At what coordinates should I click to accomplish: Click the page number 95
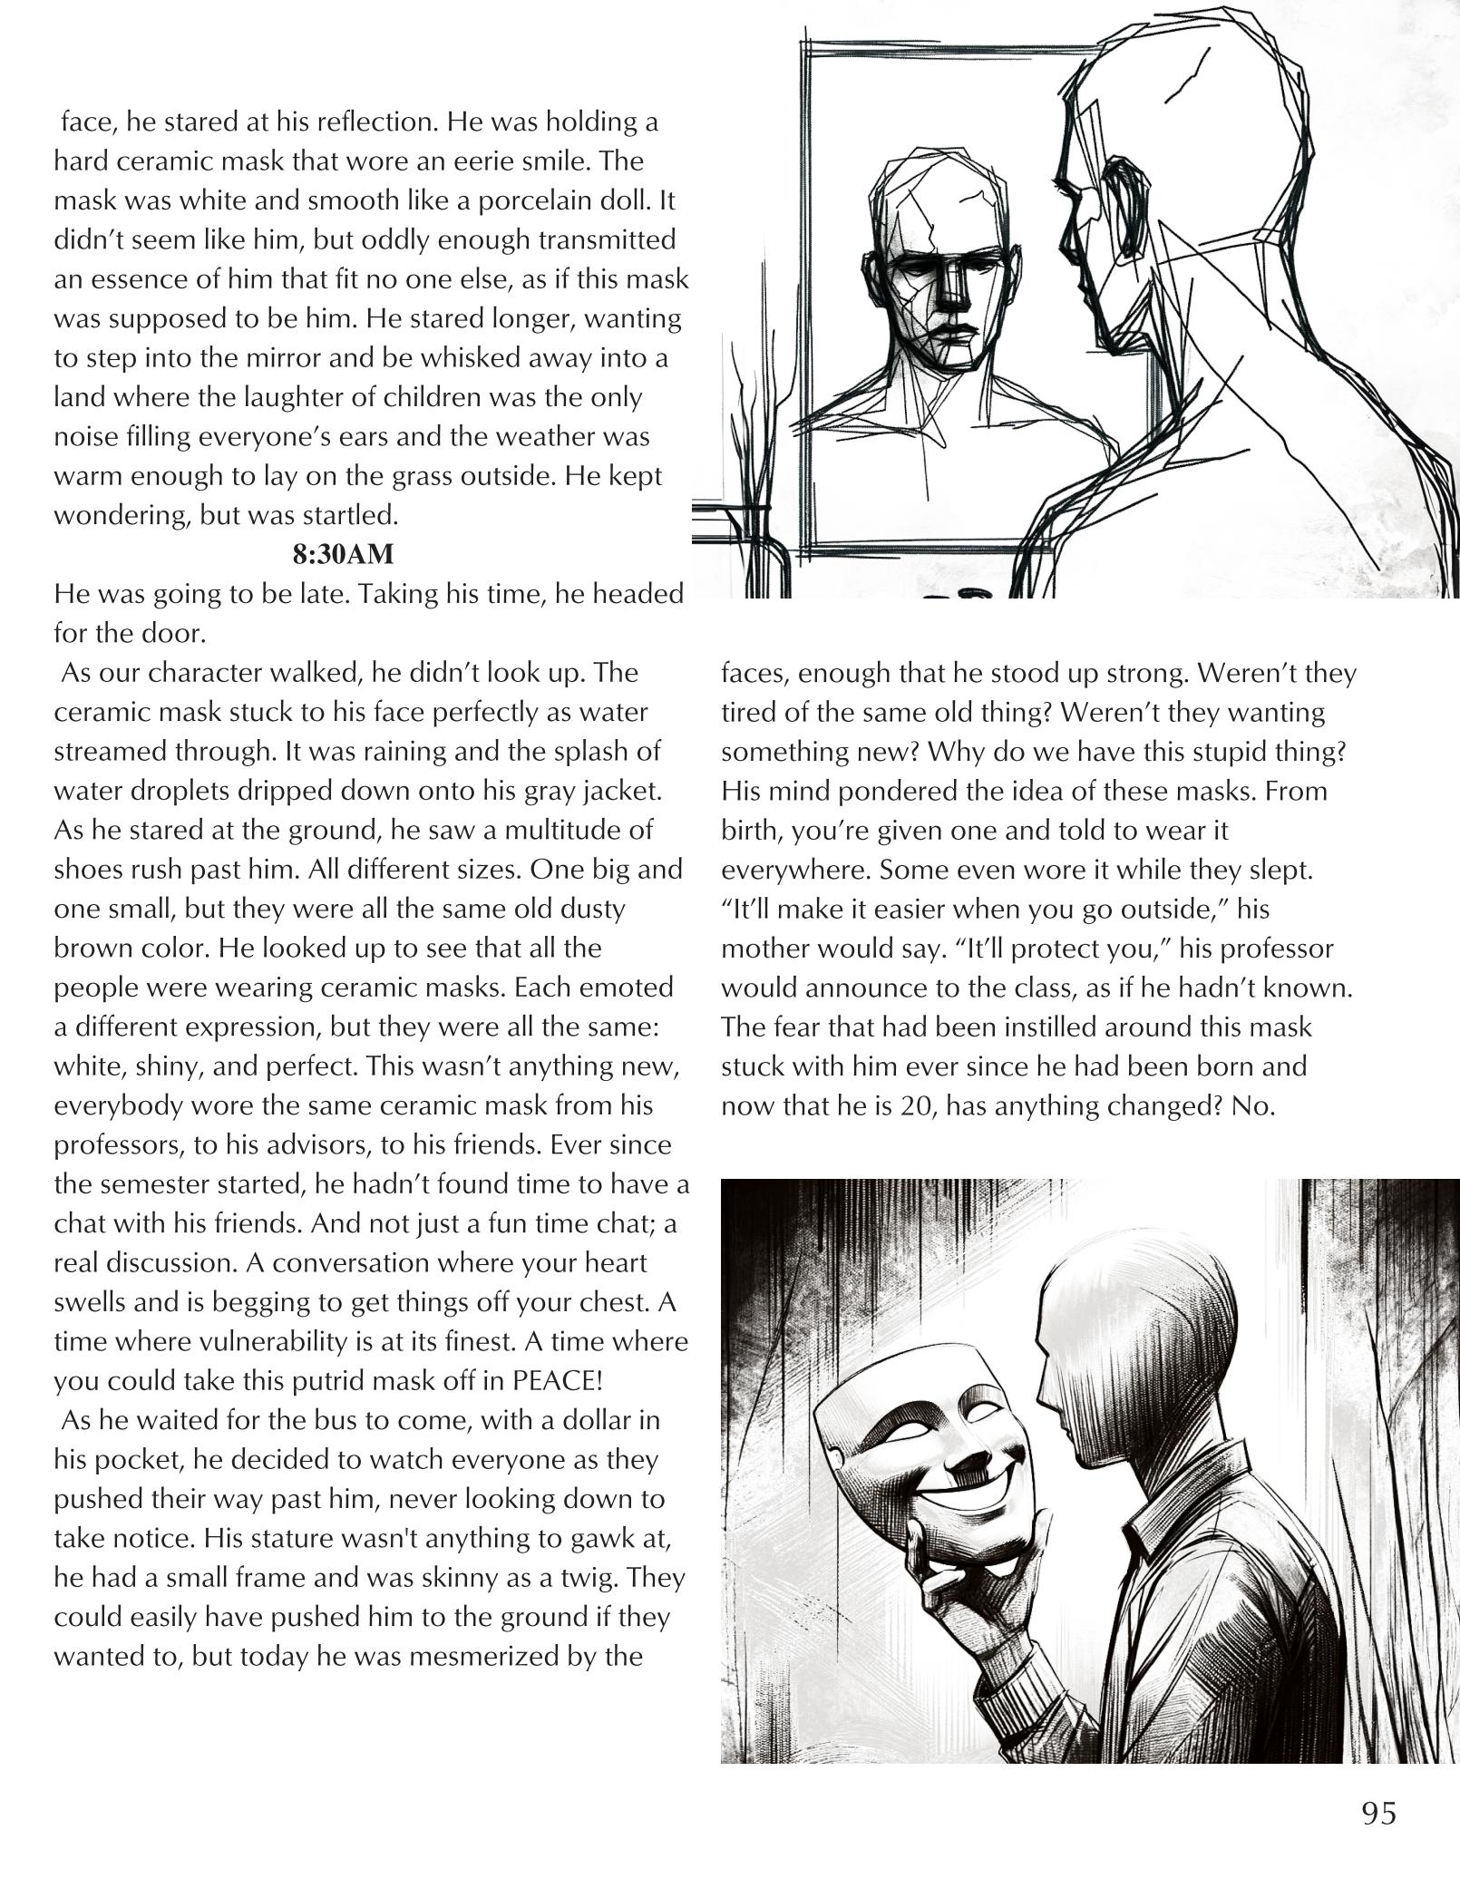(x=1377, y=1813)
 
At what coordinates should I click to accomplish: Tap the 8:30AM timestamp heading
(x=343, y=554)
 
